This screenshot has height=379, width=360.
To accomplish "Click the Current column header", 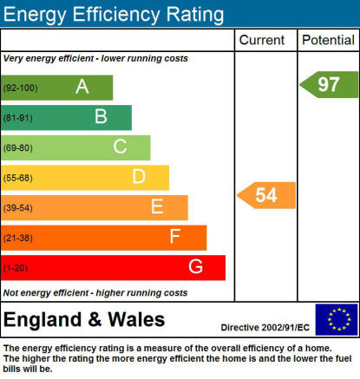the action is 262,40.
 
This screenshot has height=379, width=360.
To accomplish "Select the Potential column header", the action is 328,40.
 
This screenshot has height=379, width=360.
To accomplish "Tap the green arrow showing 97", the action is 329,84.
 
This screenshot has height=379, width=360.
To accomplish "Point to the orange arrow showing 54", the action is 266,195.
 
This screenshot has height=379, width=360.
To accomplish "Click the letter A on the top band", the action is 82,87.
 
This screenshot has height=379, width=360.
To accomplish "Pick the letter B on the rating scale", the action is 101,116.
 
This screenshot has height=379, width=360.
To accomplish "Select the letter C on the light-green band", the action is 120,147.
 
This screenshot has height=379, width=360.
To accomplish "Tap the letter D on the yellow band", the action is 139,176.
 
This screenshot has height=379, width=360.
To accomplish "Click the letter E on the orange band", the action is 157,206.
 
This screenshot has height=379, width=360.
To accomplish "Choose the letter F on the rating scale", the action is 175,236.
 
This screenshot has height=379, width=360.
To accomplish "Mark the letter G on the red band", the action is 195,266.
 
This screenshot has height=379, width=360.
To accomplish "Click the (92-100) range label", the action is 20,88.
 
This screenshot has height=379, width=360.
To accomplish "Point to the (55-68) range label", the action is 18,178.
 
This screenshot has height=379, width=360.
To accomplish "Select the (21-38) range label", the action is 18,238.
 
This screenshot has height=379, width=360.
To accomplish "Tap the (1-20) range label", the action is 16,268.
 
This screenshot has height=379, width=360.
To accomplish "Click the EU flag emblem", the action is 337,319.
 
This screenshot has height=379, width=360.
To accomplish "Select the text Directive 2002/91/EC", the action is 265,328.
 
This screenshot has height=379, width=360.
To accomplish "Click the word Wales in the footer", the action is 136,320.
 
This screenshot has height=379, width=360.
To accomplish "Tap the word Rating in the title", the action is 195,15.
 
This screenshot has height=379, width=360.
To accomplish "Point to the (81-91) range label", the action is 18,118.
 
